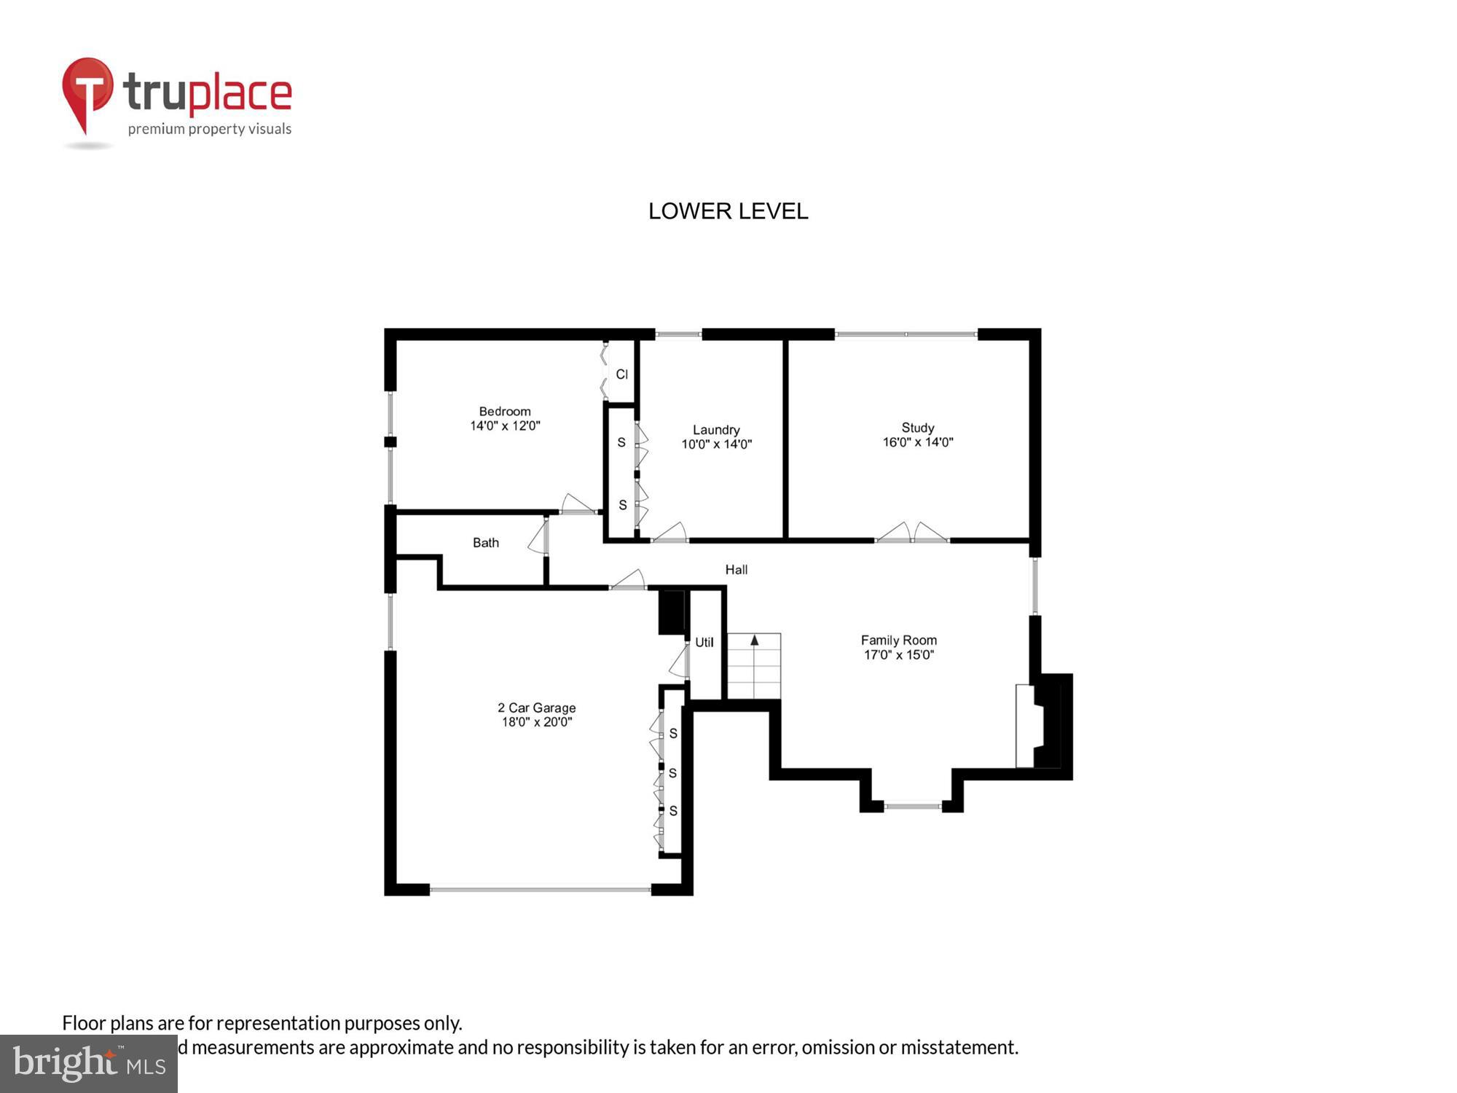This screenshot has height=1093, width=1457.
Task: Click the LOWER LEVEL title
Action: tap(728, 211)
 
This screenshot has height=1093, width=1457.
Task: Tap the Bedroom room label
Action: tap(504, 412)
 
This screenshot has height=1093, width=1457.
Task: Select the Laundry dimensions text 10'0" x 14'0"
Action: tap(716, 444)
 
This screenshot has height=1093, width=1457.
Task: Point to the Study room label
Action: tap(917, 428)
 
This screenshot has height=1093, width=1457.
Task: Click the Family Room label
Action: tap(898, 640)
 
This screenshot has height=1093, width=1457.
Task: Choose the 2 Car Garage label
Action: tap(536, 708)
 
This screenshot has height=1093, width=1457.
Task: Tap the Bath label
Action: tap(485, 543)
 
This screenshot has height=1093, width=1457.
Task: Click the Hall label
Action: tap(736, 570)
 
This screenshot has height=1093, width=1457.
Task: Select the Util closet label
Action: tap(704, 643)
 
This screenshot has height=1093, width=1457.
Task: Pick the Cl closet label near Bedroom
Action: tap(621, 375)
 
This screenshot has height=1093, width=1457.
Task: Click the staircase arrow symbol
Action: tap(755, 640)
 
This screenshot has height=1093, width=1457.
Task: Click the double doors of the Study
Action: tap(912, 533)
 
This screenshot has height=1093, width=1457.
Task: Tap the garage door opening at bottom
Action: tap(540, 889)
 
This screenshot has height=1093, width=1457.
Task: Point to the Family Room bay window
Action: tap(912, 806)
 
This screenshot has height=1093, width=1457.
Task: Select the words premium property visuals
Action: tap(209, 130)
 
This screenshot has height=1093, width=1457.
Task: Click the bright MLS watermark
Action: tap(88, 1064)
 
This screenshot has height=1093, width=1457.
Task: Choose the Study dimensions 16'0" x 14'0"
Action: tap(917, 442)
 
